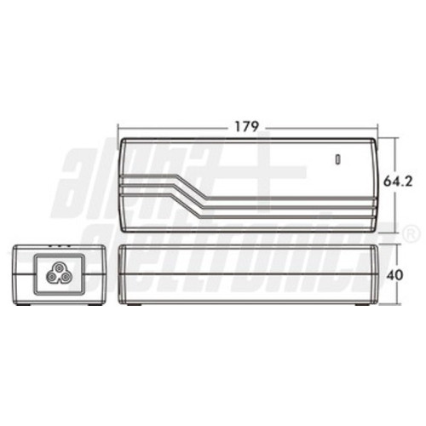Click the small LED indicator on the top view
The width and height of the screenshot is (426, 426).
[x=337, y=158]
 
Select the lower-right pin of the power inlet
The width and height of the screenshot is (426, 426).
[x=67, y=277]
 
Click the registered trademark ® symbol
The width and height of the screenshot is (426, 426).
[x=412, y=233]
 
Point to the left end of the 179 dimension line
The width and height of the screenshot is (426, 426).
[x=118, y=127]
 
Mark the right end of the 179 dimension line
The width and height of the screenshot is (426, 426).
[x=380, y=127]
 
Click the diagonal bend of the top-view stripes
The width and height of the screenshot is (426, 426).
[x=188, y=193]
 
